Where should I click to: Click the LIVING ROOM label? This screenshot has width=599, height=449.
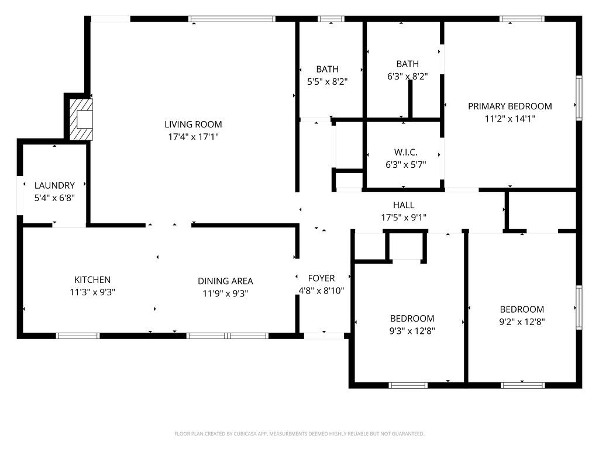[x=193, y=124]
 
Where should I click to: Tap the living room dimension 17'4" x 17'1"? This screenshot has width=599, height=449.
[x=193, y=137]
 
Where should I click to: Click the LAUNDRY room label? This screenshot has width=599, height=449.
[x=54, y=185]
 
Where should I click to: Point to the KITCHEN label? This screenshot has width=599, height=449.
[x=92, y=280]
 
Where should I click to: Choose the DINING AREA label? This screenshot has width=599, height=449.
[x=225, y=281]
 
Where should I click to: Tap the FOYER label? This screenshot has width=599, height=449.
[x=321, y=278]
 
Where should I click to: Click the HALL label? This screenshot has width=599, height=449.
[x=404, y=205]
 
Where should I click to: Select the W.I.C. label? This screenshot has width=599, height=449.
[x=405, y=152]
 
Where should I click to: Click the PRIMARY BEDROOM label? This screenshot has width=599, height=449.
[x=510, y=106]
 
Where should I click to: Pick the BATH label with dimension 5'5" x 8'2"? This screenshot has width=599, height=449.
[x=328, y=69]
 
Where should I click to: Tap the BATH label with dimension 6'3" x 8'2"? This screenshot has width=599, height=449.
[x=408, y=64]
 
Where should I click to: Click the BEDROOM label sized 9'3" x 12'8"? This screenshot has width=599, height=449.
[x=412, y=319]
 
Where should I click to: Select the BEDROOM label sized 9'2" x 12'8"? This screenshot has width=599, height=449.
[x=522, y=309]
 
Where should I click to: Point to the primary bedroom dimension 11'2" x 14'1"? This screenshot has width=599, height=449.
[x=510, y=119]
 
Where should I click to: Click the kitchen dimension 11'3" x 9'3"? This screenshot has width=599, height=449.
[x=92, y=293]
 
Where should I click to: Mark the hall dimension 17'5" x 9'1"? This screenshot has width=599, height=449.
[x=404, y=217]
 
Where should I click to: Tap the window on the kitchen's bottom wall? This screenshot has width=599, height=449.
[x=78, y=336]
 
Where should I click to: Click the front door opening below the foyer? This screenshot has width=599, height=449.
[x=324, y=336]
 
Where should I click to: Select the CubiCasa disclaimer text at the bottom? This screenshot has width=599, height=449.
[x=299, y=434]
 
